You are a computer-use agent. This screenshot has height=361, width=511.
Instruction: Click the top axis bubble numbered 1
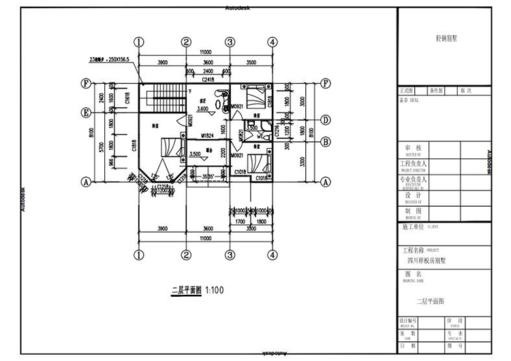tap(140, 42)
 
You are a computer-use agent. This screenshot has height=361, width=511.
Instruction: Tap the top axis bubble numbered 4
tap(273, 42)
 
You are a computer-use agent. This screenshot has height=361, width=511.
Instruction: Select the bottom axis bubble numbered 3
tap(230, 255)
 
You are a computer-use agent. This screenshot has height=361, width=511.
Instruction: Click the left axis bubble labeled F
tap(87, 84)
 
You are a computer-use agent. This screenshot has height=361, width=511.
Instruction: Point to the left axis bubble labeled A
tap(87, 182)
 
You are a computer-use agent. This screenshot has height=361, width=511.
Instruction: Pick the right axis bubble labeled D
tap(326, 120)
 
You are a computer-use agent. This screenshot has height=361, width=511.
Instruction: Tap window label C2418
tap(208, 80)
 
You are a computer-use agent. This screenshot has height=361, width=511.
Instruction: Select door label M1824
tap(209, 136)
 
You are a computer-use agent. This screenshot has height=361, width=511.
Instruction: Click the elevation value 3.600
tap(203, 109)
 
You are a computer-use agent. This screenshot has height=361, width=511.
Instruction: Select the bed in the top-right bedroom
tap(257, 93)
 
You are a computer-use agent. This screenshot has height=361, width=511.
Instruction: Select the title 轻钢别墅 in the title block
tap(446, 39)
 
